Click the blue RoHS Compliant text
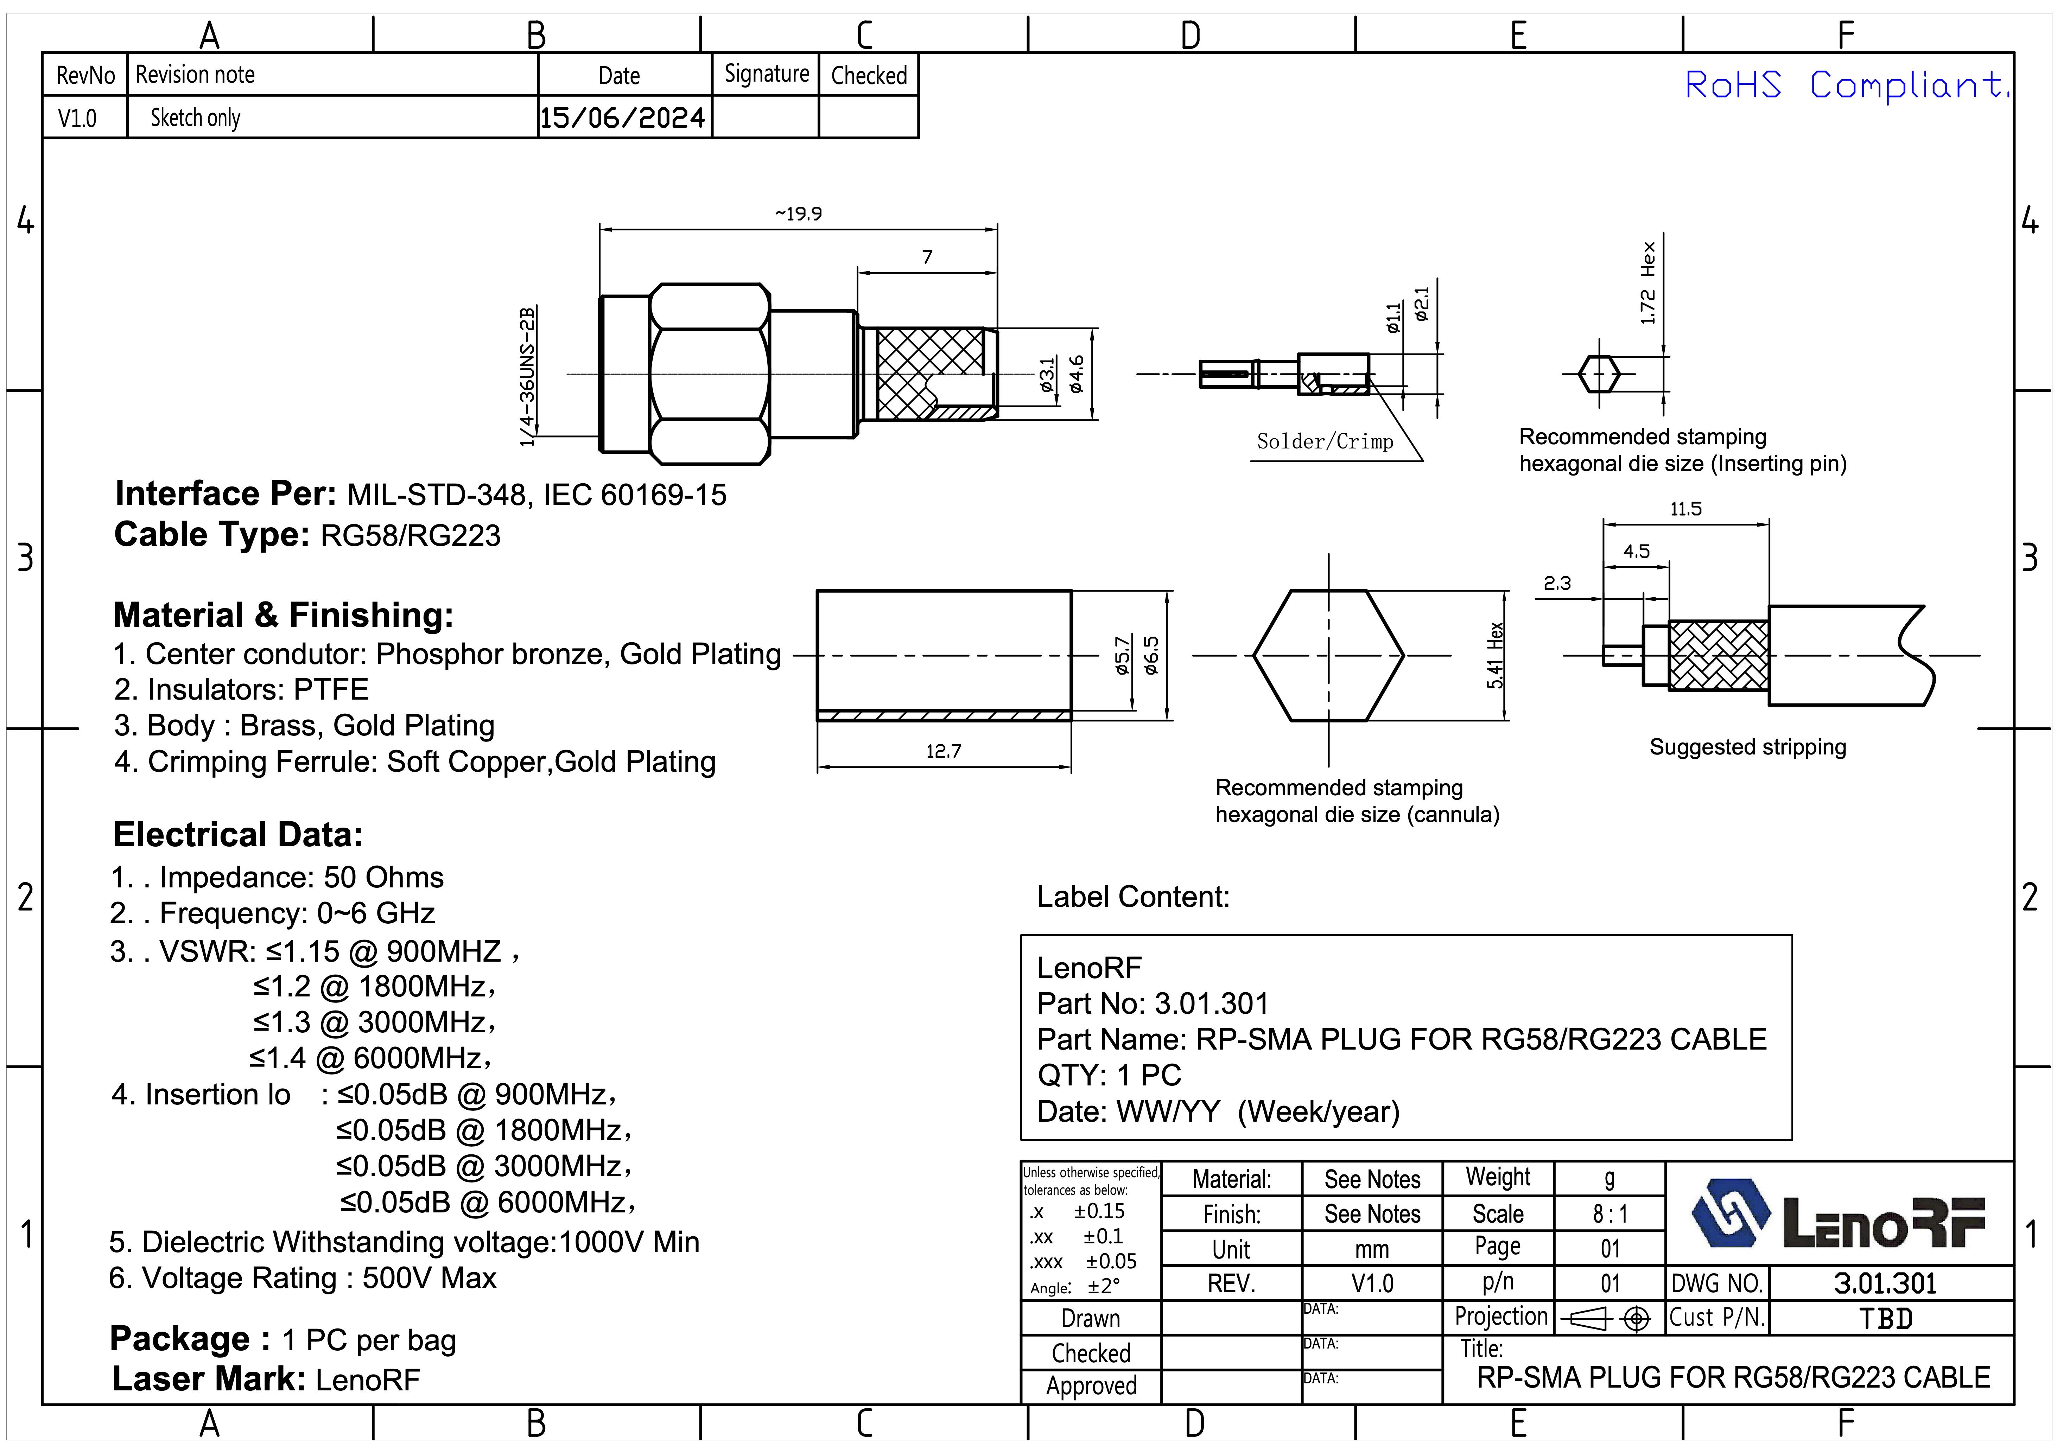1846,86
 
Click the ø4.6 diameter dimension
1076,375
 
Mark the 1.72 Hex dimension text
1647,283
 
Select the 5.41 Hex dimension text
1494,655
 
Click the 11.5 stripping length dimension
1685,509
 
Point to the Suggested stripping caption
1747,747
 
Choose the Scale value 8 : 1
1610,1214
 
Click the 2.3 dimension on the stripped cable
1557,583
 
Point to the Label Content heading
1132,897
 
